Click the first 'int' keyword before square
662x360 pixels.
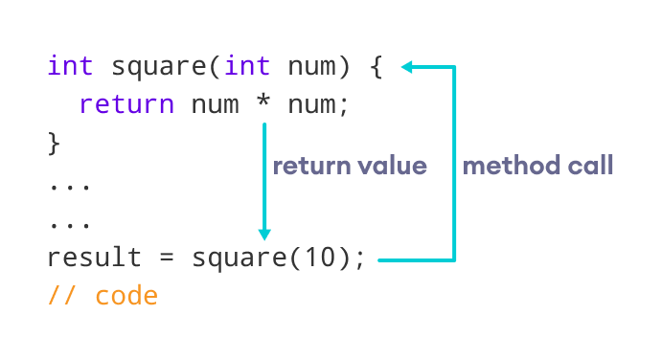tap(71, 67)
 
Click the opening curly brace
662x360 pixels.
tap(376, 67)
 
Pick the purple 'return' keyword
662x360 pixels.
tap(126, 103)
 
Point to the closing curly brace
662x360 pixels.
tap(55, 143)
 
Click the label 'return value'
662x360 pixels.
tap(350, 166)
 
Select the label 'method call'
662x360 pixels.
tap(538, 166)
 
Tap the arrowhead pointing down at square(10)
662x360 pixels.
tap(264, 234)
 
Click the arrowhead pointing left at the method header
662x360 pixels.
tap(406, 67)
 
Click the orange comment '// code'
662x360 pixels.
tap(103, 296)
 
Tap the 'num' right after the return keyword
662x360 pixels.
tap(215, 103)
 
